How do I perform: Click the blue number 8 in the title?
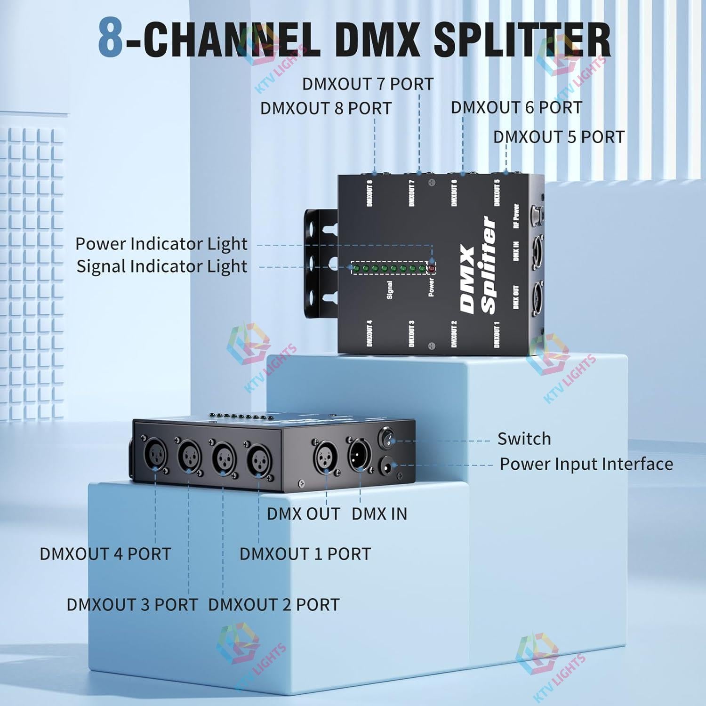pyautogui.click(x=111, y=39)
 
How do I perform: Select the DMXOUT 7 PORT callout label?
pyautogui.click(x=368, y=84)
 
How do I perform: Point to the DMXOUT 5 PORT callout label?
pyautogui.click(x=559, y=137)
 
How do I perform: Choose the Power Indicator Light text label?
pyautogui.click(x=161, y=244)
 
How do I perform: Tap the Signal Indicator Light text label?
pyautogui.click(x=161, y=266)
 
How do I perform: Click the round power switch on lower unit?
pyautogui.click(x=387, y=439)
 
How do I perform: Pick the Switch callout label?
pyautogui.click(x=524, y=439)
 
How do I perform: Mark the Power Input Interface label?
pyautogui.click(x=586, y=464)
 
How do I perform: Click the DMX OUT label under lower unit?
pyautogui.click(x=303, y=513)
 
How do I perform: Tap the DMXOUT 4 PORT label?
pyautogui.click(x=105, y=554)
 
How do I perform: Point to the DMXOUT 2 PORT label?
pyautogui.click(x=273, y=604)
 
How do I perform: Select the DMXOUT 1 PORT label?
pyautogui.click(x=305, y=554)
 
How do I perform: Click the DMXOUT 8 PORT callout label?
pyautogui.click(x=326, y=108)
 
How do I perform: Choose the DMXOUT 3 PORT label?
pyautogui.click(x=132, y=604)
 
